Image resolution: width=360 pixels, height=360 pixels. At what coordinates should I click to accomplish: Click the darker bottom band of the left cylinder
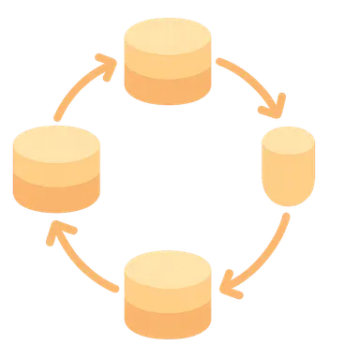point(55,195)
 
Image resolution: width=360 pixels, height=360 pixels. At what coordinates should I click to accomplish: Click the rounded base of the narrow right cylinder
point(288,191)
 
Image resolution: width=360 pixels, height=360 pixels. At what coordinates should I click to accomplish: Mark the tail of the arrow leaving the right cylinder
point(287,216)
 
